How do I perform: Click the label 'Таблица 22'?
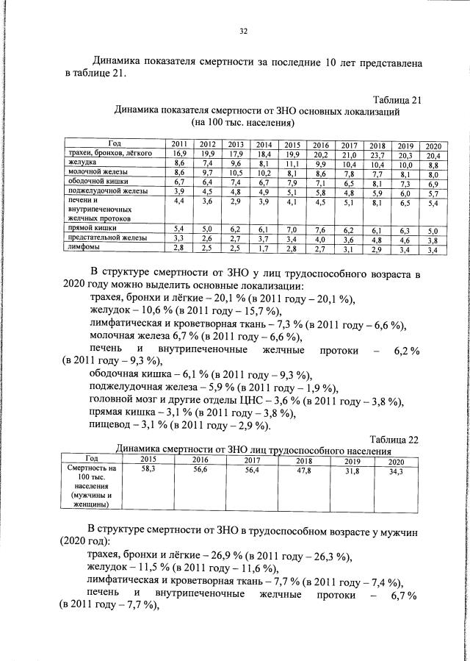pos(394,440)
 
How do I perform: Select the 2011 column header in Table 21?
pos(179,144)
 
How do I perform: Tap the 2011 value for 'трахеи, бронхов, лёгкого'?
pos(179,154)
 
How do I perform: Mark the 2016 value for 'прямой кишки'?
pos(320,230)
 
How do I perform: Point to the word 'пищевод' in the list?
pos(109,425)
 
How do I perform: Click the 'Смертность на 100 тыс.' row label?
pos(92,472)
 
